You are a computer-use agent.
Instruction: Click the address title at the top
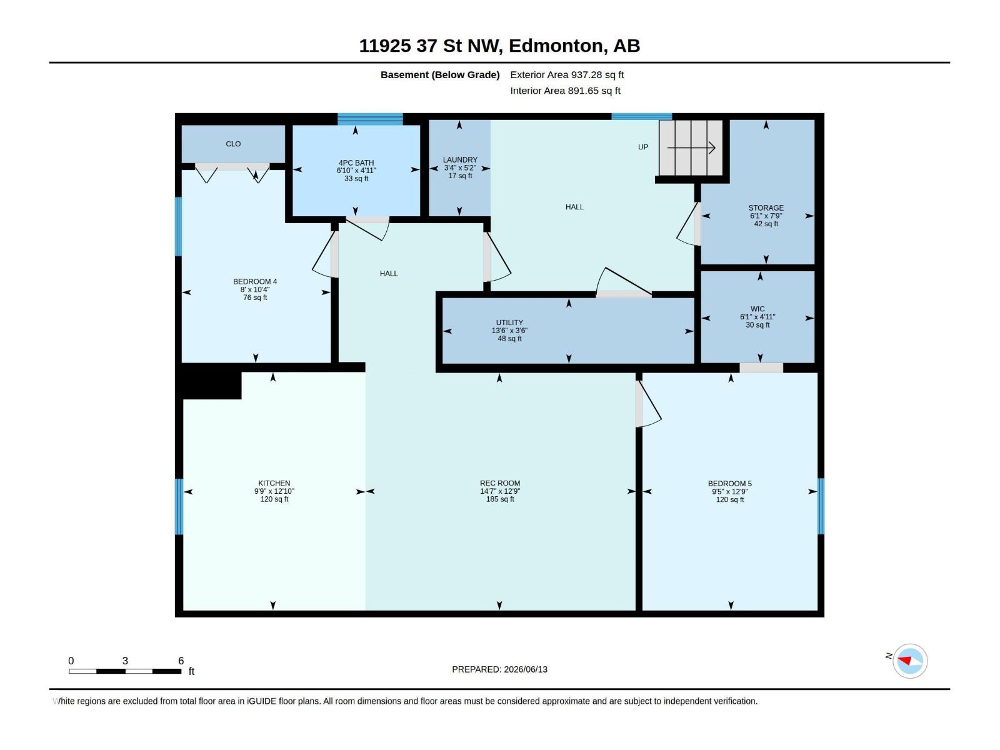[499, 46]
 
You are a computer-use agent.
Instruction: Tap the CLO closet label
[232, 144]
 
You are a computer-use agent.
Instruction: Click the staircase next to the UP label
[691, 147]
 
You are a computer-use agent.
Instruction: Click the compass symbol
[909, 661]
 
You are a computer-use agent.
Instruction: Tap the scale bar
[125, 671]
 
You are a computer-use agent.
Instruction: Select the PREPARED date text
[499, 669]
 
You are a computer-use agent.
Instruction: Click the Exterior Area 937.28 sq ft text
[567, 74]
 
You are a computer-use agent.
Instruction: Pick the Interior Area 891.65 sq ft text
[565, 91]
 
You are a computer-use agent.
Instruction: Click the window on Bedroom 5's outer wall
[821, 506]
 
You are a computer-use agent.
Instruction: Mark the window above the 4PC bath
[370, 119]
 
